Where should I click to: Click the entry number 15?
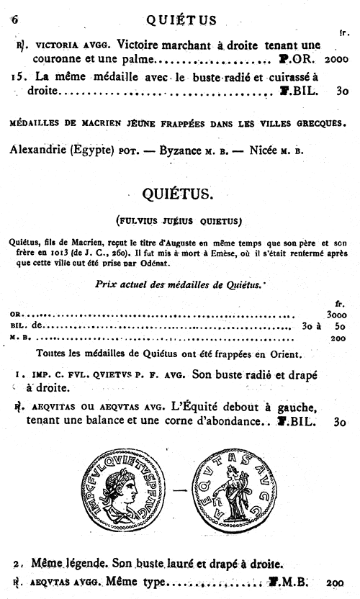coord(20,76)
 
